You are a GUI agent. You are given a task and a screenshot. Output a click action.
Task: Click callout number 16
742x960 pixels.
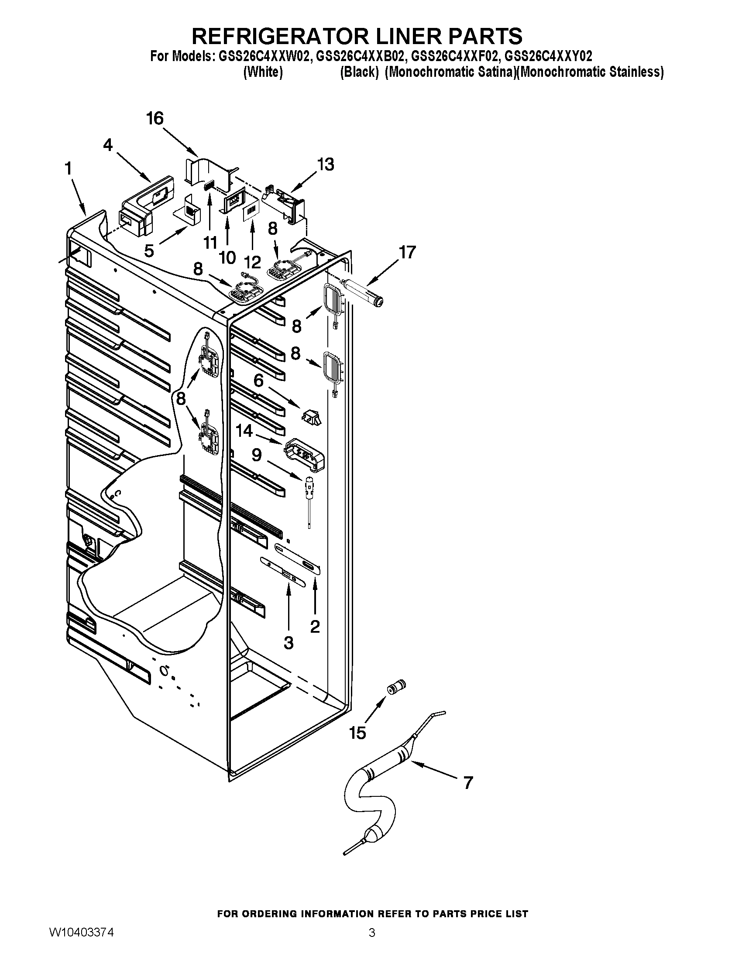[155, 119]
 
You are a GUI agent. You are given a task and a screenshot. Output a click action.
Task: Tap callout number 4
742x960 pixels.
[108, 145]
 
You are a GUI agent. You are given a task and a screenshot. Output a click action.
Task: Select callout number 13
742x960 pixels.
[326, 165]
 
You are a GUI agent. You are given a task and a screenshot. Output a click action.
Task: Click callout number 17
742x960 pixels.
[407, 253]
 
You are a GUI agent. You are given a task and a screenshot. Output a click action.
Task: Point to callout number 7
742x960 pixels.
[468, 783]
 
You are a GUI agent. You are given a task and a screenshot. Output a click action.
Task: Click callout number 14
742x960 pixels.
[244, 431]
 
